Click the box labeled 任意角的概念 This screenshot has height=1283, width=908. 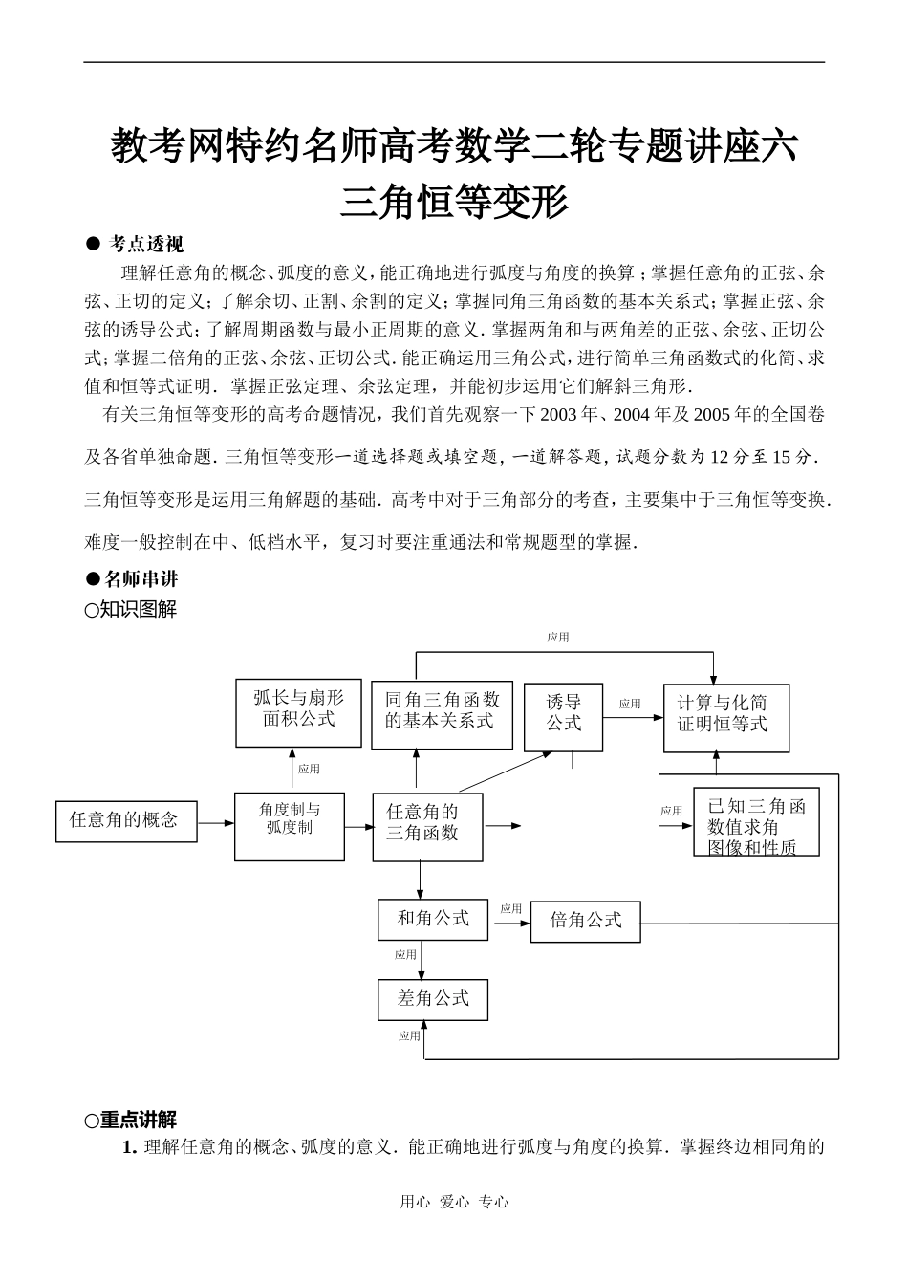pos(126,820)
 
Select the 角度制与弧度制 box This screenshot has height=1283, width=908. pos(290,826)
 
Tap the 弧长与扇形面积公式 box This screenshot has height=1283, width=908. pos(298,712)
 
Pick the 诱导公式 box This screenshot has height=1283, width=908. pos(564,717)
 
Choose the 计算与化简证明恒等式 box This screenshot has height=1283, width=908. pos(727,717)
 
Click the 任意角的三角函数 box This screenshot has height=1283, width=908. pos(427,827)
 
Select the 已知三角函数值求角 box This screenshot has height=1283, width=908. pos(756,821)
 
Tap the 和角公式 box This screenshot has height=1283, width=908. pos(433,919)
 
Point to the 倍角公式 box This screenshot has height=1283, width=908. pos(585,922)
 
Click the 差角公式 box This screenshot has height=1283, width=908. pos(433,1000)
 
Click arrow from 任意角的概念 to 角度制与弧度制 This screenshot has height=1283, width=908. pos(216,821)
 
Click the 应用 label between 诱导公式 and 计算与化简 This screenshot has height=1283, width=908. pos(630,704)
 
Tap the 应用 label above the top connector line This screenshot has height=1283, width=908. pos(558,637)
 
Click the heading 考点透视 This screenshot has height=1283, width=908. pos(146,244)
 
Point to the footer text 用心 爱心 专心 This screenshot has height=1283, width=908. pos(454,1203)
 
